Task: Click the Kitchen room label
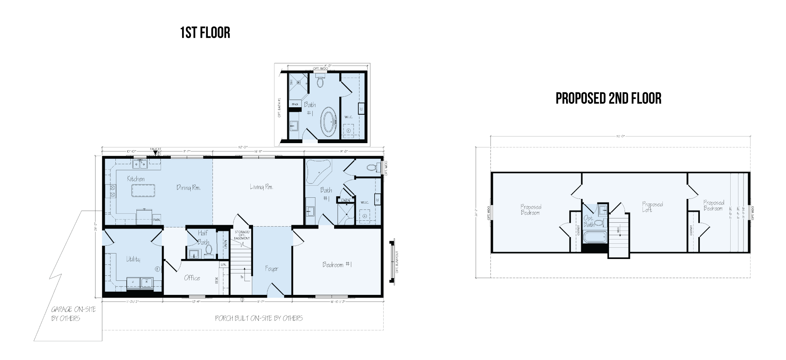click(136, 179)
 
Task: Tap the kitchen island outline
click(143, 191)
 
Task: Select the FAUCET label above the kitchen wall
click(156, 149)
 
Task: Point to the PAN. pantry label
click(157, 220)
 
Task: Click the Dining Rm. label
click(188, 188)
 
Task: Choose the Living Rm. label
click(261, 187)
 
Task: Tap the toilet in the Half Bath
click(209, 250)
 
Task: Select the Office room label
click(192, 278)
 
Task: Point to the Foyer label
click(271, 269)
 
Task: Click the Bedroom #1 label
click(337, 265)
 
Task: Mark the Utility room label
click(133, 259)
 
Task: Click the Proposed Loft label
click(652, 207)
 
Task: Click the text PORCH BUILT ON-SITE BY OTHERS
click(259, 318)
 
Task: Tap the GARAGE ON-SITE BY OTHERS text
click(73, 314)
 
